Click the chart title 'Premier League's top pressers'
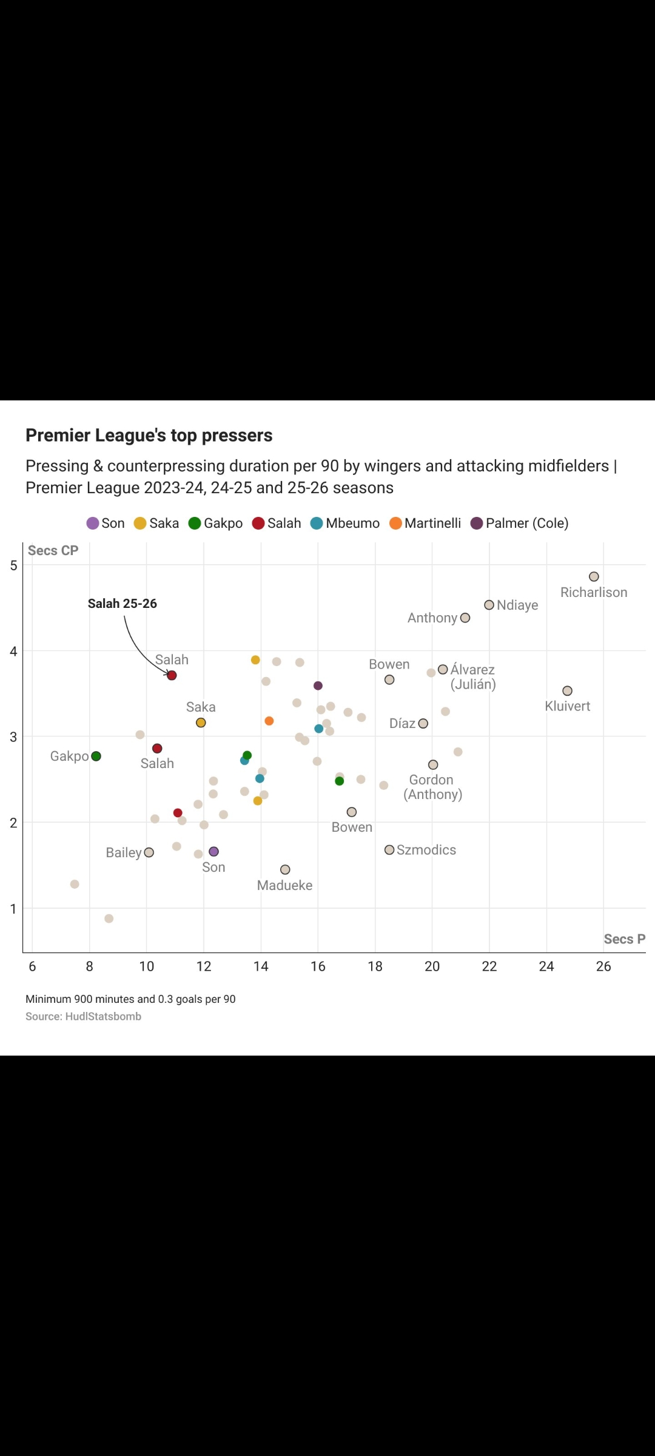pos(149,436)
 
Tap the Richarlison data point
pos(594,577)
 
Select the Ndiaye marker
pos(489,605)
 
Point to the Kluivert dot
pos(567,691)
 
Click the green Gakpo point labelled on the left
pos(96,756)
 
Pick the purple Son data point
pos(213,852)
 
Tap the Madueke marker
pos(285,870)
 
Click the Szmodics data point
pos(389,850)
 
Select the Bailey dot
pos(149,852)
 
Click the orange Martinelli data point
pos(269,721)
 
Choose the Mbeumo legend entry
pos(345,523)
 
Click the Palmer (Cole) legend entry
pos(520,523)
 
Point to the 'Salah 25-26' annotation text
pos(122,604)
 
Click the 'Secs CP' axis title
pos(53,551)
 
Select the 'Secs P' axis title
pos(624,939)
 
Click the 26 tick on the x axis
pos(603,966)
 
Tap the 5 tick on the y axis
pos(13,565)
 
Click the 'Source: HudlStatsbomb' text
pos(83,1016)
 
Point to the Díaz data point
pos(423,724)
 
